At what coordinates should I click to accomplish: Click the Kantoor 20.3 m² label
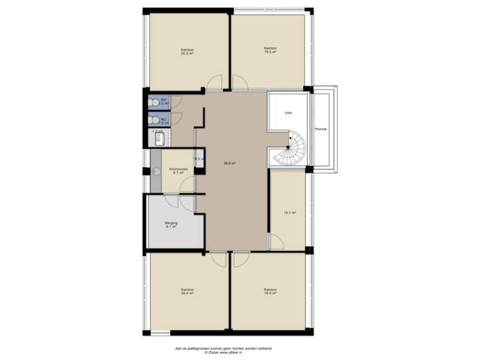(x=187, y=51)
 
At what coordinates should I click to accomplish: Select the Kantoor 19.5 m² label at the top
(x=270, y=50)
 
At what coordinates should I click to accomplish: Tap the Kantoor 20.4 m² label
(x=187, y=291)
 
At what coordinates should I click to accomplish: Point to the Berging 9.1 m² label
(x=172, y=225)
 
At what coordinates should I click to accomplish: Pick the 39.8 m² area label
(x=231, y=163)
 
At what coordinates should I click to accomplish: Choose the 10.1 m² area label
(x=289, y=213)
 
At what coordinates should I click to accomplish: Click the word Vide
(x=288, y=113)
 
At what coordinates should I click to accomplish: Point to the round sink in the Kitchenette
(x=156, y=171)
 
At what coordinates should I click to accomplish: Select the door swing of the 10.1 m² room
(x=273, y=241)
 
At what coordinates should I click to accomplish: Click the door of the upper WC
(x=177, y=101)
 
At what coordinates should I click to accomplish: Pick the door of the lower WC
(x=177, y=119)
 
